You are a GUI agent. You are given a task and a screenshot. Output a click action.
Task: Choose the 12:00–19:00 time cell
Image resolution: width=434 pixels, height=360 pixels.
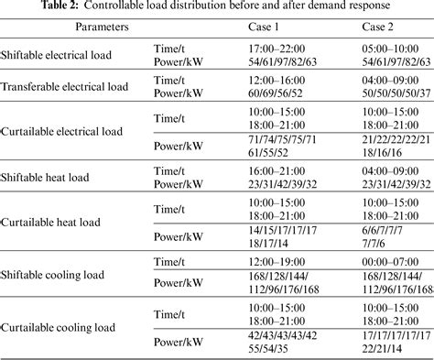[286, 260]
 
